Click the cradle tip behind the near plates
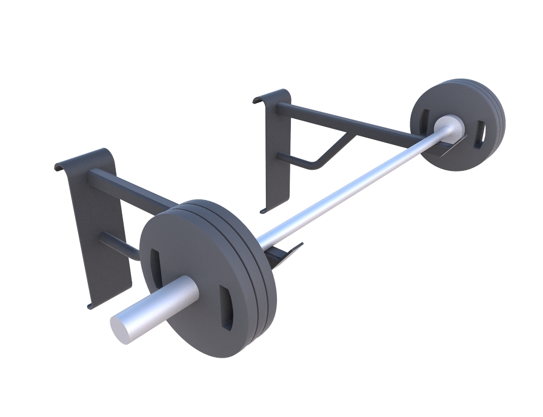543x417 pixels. click(291, 251)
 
